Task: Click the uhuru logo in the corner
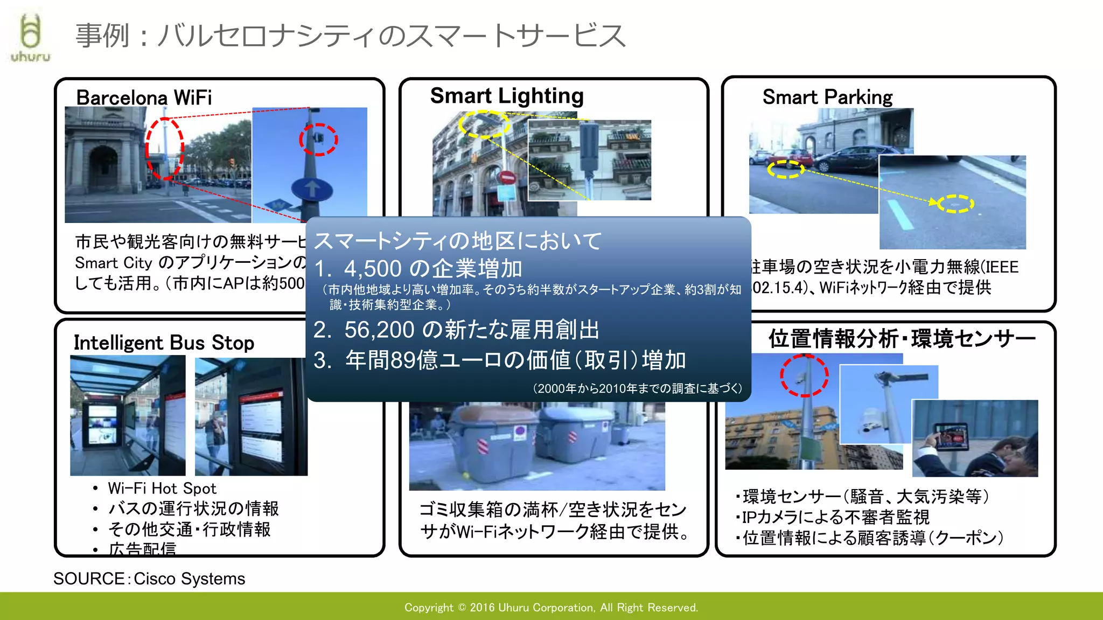click(30, 38)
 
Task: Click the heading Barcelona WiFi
click(144, 97)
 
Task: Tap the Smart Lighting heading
click(507, 96)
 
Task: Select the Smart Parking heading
click(827, 97)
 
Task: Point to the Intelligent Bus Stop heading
click(164, 343)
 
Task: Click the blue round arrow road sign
click(311, 190)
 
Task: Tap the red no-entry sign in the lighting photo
click(507, 177)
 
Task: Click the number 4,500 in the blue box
click(373, 268)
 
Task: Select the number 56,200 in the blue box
click(379, 330)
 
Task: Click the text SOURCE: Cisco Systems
click(149, 579)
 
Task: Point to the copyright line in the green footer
click(551, 608)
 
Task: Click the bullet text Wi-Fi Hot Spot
click(162, 489)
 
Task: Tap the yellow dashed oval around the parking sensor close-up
click(955, 204)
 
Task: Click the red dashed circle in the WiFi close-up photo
click(318, 140)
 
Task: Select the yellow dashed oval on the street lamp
click(484, 124)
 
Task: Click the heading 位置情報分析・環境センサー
click(901, 339)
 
